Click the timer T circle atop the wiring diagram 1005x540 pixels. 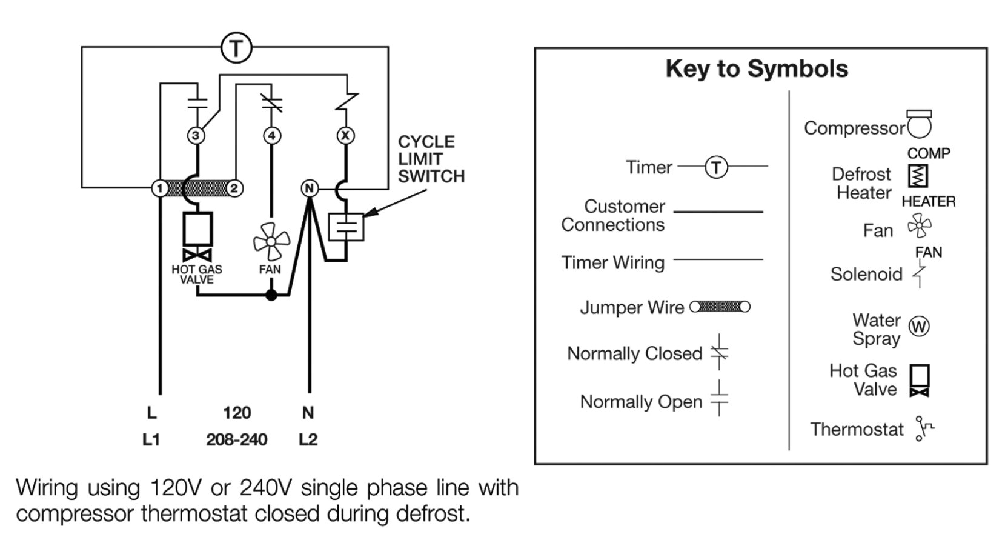tap(236, 48)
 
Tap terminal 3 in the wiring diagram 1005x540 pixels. tap(196, 135)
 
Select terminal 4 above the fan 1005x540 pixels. tap(272, 135)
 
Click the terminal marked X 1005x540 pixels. tap(345, 135)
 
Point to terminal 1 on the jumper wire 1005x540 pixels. tap(159, 188)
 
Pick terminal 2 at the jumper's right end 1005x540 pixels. tap(234, 188)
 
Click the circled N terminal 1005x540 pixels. tap(310, 188)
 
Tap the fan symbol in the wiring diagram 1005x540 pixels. tap(271, 241)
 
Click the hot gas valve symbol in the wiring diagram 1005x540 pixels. tap(197, 236)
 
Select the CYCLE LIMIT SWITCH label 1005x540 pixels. tap(431, 159)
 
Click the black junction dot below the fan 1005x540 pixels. tap(271, 295)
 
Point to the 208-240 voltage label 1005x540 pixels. tap(236, 439)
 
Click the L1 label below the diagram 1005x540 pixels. tap(151, 439)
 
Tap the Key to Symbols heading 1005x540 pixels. tap(757, 68)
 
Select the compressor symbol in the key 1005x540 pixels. tap(918, 124)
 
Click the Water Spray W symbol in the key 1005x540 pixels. tap(919, 327)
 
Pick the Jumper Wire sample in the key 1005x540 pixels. tap(720, 307)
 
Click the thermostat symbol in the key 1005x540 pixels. tap(923, 428)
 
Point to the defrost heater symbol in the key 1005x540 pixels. tap(918, 176)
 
